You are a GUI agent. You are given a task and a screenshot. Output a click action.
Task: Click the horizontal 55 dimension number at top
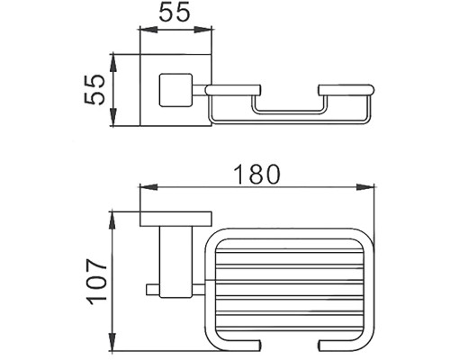175,12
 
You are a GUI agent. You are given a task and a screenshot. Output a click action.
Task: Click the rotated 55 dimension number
94,90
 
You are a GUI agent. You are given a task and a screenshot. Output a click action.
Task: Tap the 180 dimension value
256,174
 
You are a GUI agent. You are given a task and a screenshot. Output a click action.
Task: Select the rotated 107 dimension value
97,282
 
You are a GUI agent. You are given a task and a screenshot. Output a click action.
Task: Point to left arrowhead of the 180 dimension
148,187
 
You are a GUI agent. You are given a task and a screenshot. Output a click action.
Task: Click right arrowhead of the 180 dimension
365,187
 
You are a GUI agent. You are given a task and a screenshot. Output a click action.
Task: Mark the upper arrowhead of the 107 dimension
112,220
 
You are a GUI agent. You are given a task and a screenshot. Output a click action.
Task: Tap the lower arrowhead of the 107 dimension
112,341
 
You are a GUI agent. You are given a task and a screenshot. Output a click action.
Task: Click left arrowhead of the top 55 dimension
148,30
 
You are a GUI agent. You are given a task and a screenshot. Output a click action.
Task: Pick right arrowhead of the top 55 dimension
203,30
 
